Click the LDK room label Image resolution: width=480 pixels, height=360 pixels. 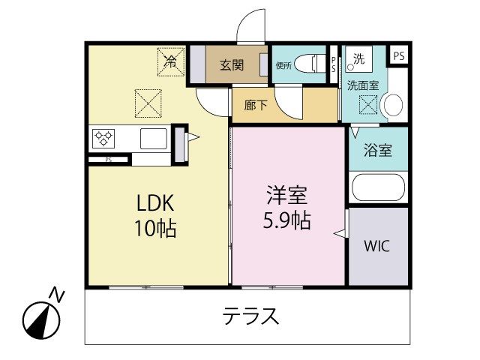click(155, 203)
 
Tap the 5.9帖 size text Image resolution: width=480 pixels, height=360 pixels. click(286, 220)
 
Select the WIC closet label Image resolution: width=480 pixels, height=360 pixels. click(376, 246)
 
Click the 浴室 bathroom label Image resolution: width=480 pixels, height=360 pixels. click(378, 150)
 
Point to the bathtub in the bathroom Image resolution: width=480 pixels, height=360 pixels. click(378, 187)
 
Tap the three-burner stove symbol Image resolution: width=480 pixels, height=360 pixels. click(103, 138)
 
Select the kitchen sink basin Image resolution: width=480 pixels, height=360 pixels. click(154, 138)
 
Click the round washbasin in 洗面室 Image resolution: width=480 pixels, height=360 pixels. click(393, 105)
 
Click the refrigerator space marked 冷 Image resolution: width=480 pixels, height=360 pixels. click(171, 61)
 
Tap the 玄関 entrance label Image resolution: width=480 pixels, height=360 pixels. click(232, 65)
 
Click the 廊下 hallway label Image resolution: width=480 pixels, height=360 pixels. click(256, 105)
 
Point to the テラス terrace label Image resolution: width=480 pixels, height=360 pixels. click(250, 316)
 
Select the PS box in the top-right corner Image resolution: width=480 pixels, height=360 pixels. click(399, 56)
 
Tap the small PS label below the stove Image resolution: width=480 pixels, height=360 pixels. click(108, 160)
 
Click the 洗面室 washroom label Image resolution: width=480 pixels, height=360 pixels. click(363, 85)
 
